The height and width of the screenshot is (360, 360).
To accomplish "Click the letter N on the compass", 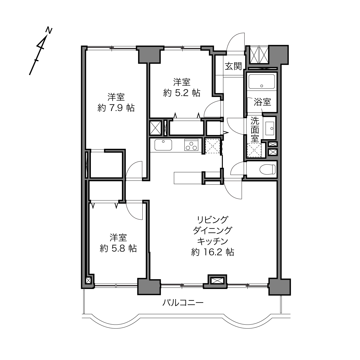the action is (x=49, y=31).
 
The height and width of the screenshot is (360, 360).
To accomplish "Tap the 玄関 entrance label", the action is (x=233, y=66).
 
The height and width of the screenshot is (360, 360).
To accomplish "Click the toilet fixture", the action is (x=267, y=169).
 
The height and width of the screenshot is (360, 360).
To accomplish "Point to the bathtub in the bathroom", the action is (x=262, y=82).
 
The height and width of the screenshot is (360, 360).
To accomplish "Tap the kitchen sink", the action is (x=163, y=145).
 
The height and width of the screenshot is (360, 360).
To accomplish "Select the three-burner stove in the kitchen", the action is (x=191, y=145).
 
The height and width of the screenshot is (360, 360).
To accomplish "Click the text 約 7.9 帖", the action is (x=116, y=108).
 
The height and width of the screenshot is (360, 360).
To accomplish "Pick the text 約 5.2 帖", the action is (x=182, y=93).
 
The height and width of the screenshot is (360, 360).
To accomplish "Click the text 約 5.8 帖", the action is (x=118, y=248).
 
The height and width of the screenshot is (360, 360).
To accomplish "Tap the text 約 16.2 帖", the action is (x=212, y=252).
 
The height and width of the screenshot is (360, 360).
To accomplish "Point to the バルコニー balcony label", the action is (x=183, y=302).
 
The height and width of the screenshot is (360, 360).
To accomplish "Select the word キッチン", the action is (x=212, y=241).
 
